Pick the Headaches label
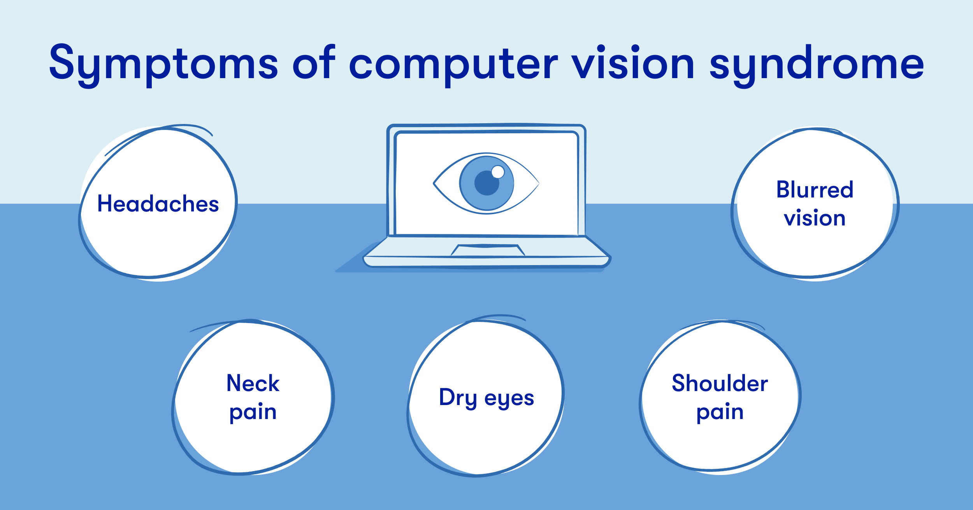pyautogui.click(x=158, y=204)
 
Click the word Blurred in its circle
pyautogui.click(x=815, y=190)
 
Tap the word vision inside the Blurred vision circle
pyautogui.click(x=815, y=218)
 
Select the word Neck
pyautogui.click(x=253, y=383)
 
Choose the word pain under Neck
pyautogui.click(x=253, y=412)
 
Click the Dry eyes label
pyautogui.click(x=486, y=398)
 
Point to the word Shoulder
pyautogui.click(x=720, y=383)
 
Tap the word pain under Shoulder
pyautogui.click(x=720, y=412)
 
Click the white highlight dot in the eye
pyautogui.click(x=498, y=172)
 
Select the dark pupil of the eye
pyautogui.click(x=486, y=183)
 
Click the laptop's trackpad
pyautogui.click(x=488, y=250)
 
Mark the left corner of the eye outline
pyautogui.click(x=434, y=183)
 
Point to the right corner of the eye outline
pyautogui.click(x=539, y=183)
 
